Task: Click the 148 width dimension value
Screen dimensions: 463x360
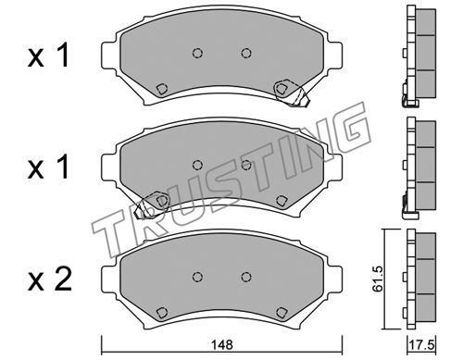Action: pyautogui.click(x=222, y=344)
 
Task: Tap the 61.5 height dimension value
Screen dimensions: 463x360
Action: pyautogui.click(x=377, y=279)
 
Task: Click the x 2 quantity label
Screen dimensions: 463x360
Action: pyautogui.click(x=50, y=280)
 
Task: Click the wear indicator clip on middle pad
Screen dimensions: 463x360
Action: pyautogui.click(x=152, y=205)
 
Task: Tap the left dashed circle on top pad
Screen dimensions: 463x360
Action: pyautogui.click(x=197, y=53)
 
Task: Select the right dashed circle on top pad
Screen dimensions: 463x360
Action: pyautogui.click(x=246, y=53)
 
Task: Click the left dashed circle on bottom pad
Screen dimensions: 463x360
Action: pyautogui.click(x=197, y=277)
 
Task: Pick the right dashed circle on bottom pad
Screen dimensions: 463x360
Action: pyautogui.click(x=246, y=277)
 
